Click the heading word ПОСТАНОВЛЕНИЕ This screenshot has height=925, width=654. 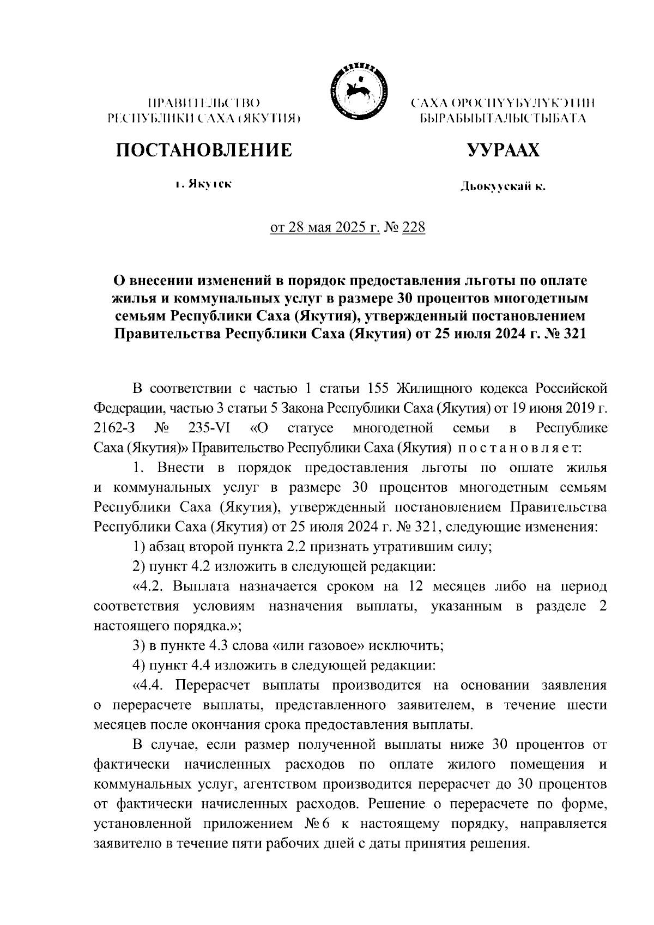point(203,149)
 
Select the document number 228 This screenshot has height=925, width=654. point(413,227)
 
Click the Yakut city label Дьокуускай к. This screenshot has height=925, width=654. point(502,188)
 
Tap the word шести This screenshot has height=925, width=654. point(586,705)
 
